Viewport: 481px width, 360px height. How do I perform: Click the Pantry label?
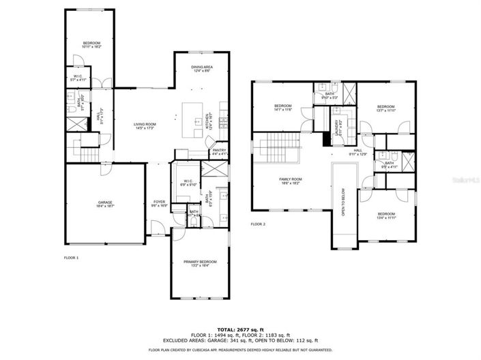[x=219, y=152]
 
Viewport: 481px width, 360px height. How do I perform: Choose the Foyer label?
[x=159, y=203]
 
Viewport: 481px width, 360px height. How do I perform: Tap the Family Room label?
[x=291, y=181]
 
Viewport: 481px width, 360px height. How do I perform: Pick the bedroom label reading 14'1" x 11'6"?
[x=283, y=108]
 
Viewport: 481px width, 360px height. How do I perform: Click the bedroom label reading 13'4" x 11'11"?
[x=386, y=216]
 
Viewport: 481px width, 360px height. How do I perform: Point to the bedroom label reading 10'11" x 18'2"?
[x=91, y=46]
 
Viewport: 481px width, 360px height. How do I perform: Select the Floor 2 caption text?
[x=258, y=224]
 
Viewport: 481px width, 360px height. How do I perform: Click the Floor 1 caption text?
[x=72, y=258]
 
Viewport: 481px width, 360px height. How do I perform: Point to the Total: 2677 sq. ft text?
[x=240, y=329]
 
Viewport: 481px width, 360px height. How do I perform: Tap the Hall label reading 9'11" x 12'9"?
[x=358, y=153]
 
